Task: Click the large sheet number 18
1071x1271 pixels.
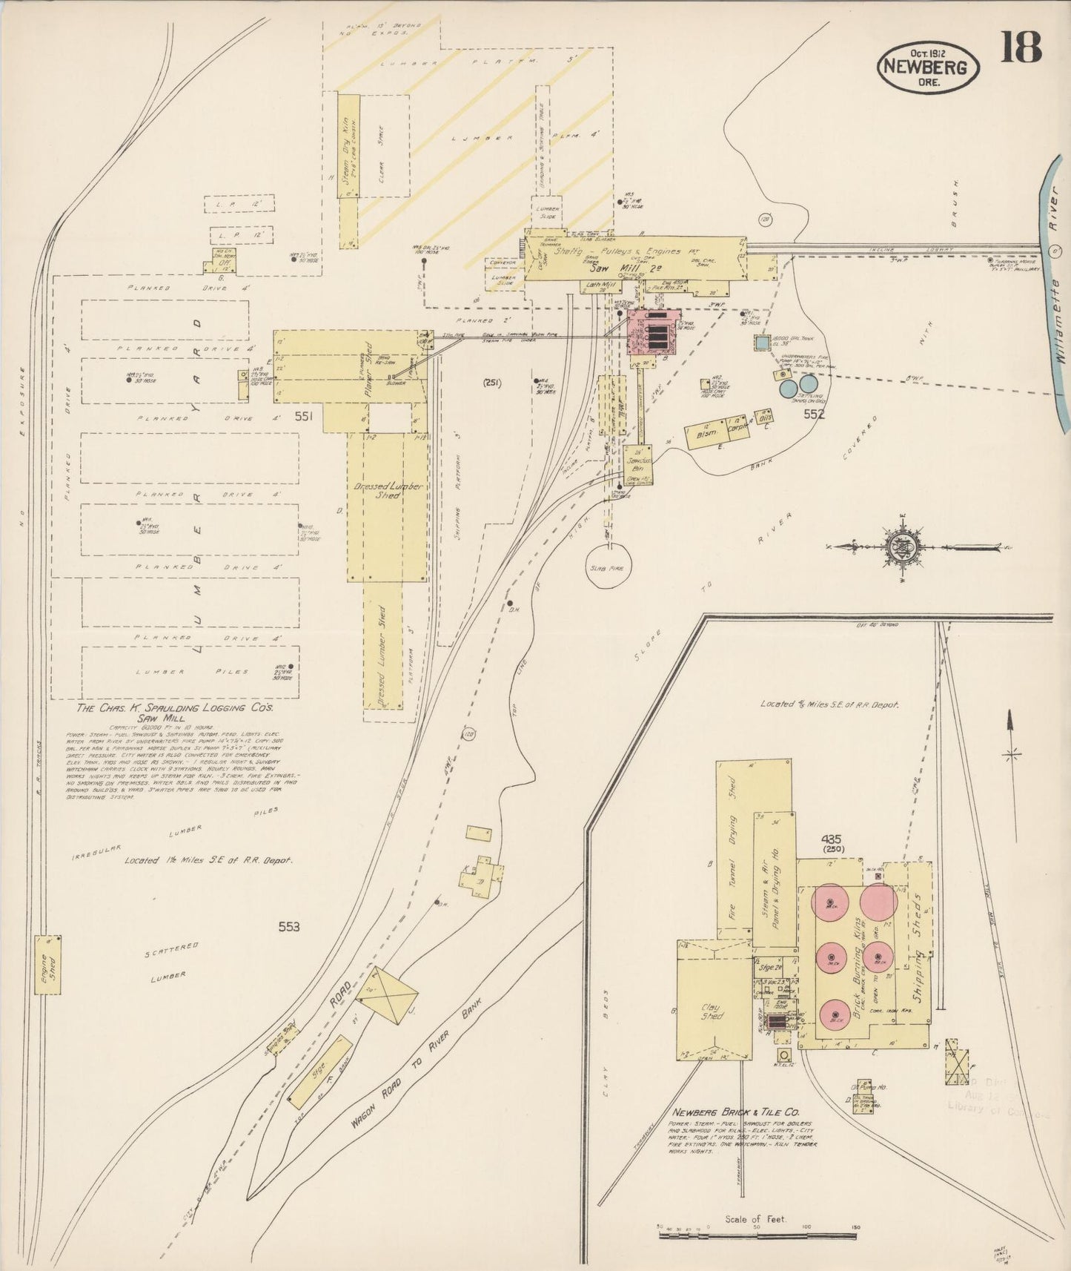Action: [1021, 48]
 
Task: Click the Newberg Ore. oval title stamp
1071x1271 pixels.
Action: [928, 65]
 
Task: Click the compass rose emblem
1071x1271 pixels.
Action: [903, 547]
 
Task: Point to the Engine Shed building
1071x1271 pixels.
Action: [49, 965]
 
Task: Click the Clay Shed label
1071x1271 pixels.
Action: [712, 1011]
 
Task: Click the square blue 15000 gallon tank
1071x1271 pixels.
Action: [762, 343]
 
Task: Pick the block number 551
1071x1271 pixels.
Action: [303, 417]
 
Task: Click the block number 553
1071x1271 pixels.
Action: [289, 926]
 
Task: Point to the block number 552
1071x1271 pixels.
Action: [814, 415]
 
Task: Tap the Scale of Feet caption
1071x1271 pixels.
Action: [756, 1218]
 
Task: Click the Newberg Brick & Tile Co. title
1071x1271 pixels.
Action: [735, 1112]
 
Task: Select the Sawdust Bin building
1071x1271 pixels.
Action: [637, 465]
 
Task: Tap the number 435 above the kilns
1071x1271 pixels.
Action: [831, 839]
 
